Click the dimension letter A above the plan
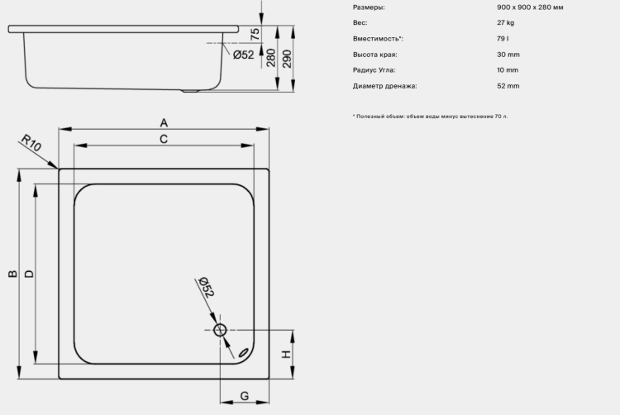[164, 123]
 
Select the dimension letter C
[164, 139]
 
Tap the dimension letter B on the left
[12, 274]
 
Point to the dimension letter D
[29, 274]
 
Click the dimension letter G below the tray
[245, 396]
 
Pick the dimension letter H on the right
[286, 354]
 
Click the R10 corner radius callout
[31, 143]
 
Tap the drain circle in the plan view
[220, 330]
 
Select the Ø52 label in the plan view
[206, 287]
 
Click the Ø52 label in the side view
[244, 55]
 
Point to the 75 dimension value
[255, 34]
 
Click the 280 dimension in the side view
[271, 58]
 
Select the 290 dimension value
[288, 59]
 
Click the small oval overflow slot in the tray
[243, 352]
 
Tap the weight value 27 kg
[506, 22]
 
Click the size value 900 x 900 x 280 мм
[530, 7]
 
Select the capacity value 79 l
[503, 38]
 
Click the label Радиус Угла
[374, 70]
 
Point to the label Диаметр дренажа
[384, 86]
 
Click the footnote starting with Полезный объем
[430, 117]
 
